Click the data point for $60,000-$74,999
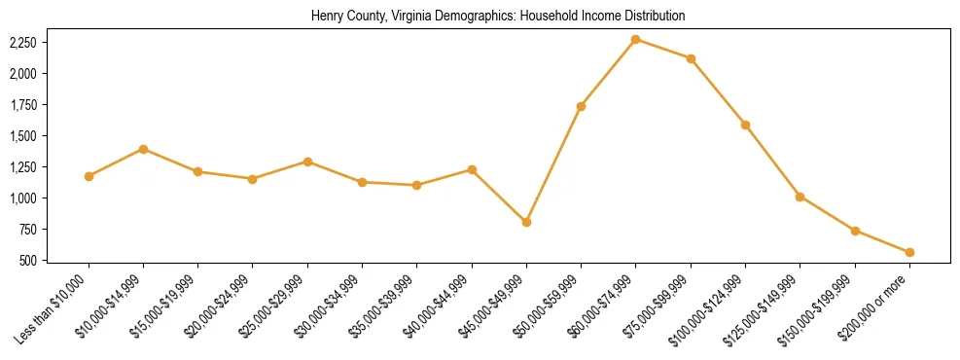click(635, 39)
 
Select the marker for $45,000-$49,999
click(526, 222)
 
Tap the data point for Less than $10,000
click(89, 176)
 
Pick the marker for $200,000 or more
click(909, 252)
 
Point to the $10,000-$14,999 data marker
click(143, 149)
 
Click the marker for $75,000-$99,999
click(691, 58)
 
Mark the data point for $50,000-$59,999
click(581, 106)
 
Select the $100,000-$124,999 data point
click(745, 125)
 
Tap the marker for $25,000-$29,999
click(307, 162)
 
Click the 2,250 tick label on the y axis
click(23, 43)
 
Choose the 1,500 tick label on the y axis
click(23, 136)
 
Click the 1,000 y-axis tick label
click(23, 198)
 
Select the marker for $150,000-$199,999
click(855, 231)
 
